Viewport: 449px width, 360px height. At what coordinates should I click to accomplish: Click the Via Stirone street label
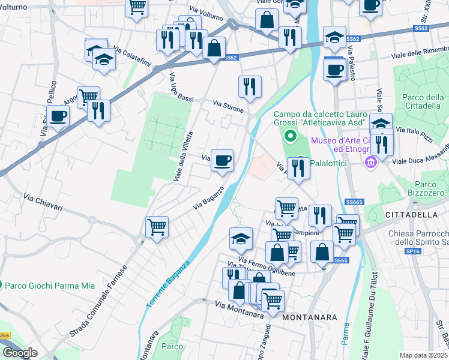point(228,106)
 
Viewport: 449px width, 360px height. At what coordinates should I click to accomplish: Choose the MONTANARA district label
point(309,316)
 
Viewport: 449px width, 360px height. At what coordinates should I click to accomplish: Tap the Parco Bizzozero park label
point(423,188)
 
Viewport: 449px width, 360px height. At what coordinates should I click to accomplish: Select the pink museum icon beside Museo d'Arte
point(371,161)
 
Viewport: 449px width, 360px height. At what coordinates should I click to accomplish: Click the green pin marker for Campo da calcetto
point(291,136)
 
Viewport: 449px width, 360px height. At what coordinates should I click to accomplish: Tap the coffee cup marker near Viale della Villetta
point(222,160)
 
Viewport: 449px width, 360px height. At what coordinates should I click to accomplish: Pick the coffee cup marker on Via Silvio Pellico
point(58,116)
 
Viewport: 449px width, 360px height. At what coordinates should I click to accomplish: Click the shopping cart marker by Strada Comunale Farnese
point(157,227)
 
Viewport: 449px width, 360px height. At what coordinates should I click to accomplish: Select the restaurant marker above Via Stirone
point(250,86)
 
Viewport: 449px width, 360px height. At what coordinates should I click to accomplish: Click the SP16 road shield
point(412,253)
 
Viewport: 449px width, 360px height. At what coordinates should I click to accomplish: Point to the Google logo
point(19,353)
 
